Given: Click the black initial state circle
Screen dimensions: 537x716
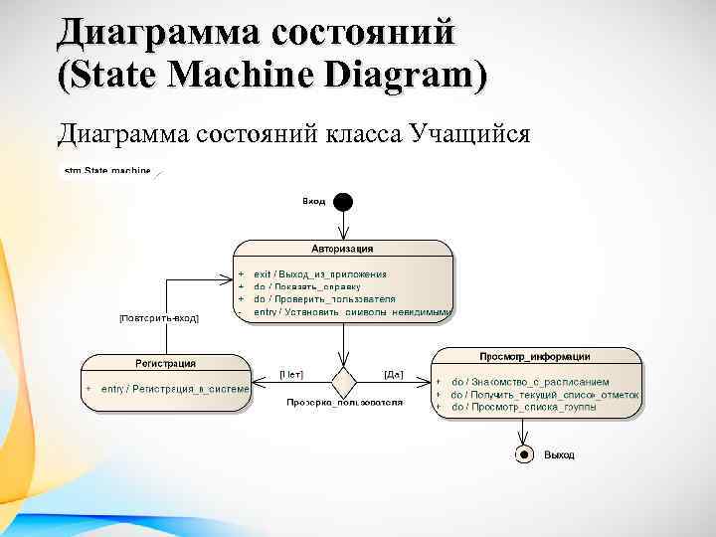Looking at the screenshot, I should [343, 202].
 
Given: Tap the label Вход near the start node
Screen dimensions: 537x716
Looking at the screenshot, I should [313, 202].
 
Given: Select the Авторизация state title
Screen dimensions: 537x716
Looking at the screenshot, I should [342, 249].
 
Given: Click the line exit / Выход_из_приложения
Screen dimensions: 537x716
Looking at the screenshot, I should [319, 272].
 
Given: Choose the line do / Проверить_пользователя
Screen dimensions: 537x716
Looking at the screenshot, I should [323, 298].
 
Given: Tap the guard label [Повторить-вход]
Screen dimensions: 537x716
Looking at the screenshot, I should [159, 318].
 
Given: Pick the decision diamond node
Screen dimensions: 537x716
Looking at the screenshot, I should [343, 381].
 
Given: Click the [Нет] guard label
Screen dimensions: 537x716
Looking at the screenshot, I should [291, 375].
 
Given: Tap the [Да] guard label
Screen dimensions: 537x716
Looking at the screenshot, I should [394, 375].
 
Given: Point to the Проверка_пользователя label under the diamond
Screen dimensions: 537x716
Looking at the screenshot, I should [344, 403].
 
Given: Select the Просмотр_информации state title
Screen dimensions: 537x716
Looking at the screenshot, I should [535, 356].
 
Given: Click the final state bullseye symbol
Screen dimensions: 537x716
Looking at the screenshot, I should [523, 454].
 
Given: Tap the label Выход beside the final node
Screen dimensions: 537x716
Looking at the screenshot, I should [559, 454].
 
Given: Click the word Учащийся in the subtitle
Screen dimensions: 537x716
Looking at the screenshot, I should [467, 132].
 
